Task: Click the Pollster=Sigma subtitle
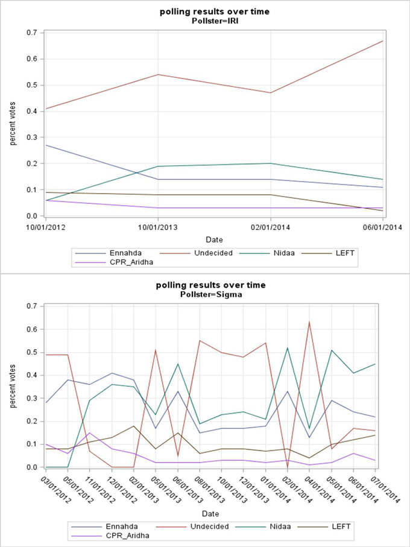(204, 294)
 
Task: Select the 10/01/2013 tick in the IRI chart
(158, 226)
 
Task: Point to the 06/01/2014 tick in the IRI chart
(382, 226)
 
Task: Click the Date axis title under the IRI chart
(214, 239)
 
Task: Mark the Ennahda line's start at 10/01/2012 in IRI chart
(45, 145)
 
